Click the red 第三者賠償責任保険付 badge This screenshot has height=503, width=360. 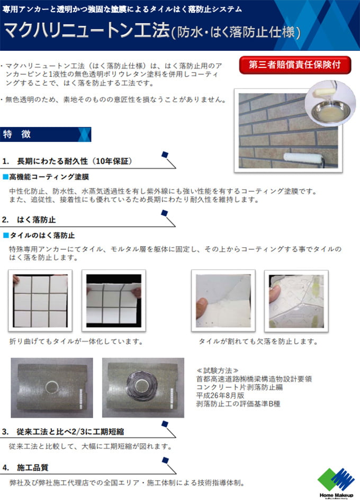point(295,65)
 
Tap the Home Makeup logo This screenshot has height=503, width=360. point(336,483)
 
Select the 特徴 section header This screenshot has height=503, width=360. point(46,134)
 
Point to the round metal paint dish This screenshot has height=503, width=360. point(330,111)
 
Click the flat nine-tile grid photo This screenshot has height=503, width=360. point(40,301)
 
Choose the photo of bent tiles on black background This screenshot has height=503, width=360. point(114,301)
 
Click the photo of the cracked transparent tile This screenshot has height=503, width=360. point(296,301)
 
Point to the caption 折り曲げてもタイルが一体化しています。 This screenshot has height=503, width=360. point(76,342)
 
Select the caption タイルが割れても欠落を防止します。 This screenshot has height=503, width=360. point(258,342)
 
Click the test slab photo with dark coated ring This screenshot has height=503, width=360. point(143,388)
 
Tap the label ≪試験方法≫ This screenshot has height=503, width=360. point(218,371)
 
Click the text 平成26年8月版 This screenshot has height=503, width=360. point(220,395)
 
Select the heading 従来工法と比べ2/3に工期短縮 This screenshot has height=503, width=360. point(70,432)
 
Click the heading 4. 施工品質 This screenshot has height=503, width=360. point(25,468)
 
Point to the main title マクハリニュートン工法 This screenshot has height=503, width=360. point(87,31)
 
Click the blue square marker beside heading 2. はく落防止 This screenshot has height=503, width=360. point(165,213)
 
